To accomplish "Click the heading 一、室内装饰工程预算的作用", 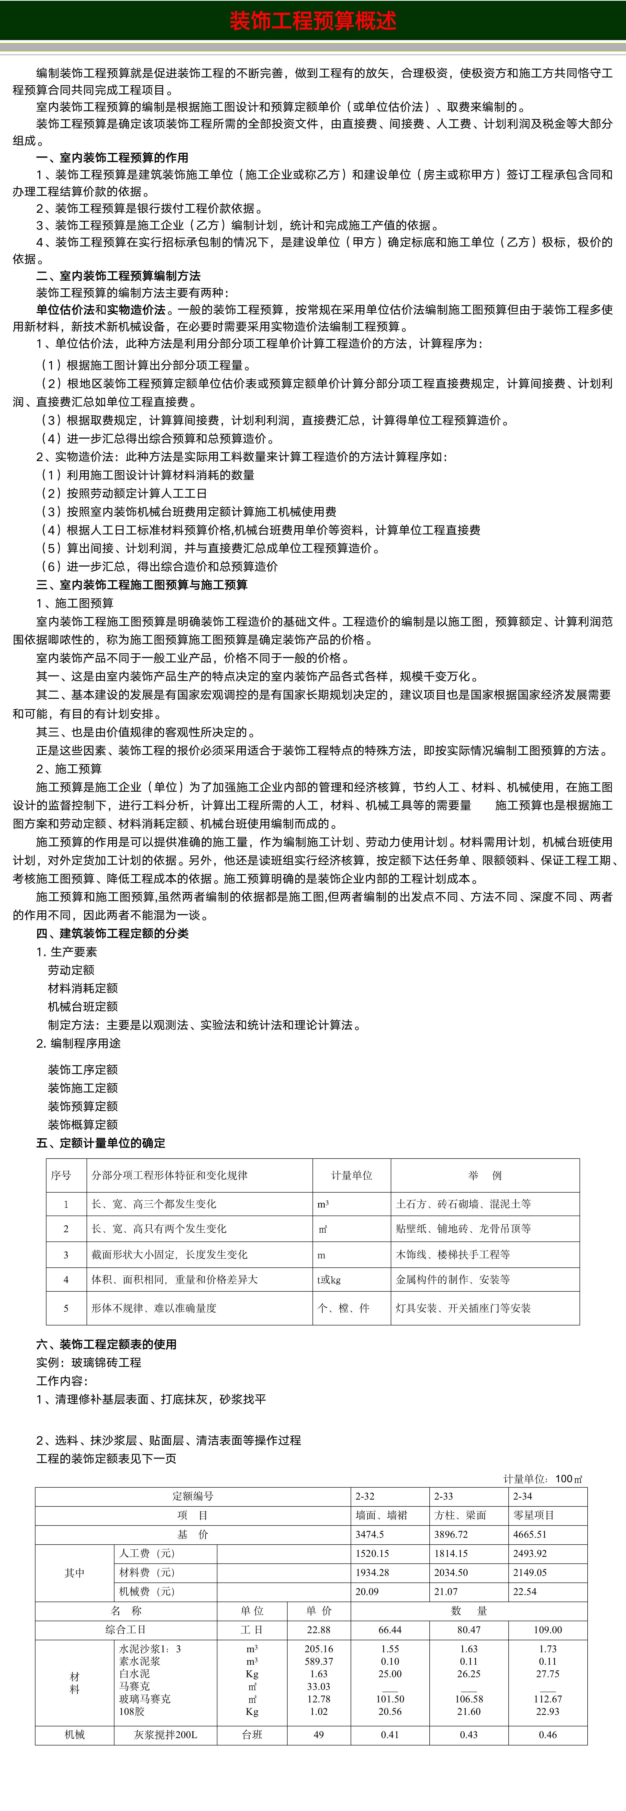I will [112, 158].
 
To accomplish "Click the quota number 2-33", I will [443, 1496].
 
